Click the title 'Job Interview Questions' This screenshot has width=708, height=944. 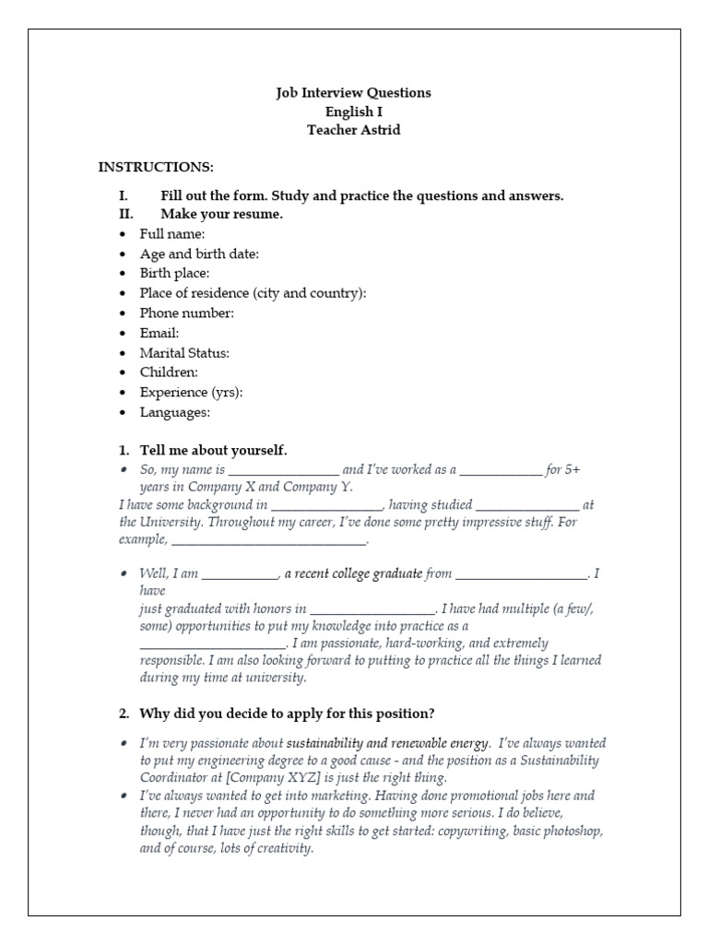click(354, 93)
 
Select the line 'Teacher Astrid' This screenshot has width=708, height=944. click(354, 130)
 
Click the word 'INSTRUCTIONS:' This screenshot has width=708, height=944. click(156, 167)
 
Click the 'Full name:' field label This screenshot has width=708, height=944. click(172, 234)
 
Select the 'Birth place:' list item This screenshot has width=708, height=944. click(174, 274)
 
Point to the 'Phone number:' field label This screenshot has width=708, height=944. click(186, 313)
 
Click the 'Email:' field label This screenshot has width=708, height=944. click(159, 333)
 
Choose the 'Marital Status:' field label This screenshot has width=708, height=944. click(184, 353)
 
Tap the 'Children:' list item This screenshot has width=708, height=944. click(169, 372)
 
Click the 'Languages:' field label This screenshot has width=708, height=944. click(175, 412)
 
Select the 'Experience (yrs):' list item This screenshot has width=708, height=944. click(191, 393)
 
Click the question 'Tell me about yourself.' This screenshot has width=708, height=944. click(213, 451)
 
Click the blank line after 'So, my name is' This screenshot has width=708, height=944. click(284, 471)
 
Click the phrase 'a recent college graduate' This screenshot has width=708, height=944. click(352, 573)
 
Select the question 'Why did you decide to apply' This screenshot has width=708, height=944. click(286, 714)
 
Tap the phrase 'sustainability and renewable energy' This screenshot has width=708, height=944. click(387, 743)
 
